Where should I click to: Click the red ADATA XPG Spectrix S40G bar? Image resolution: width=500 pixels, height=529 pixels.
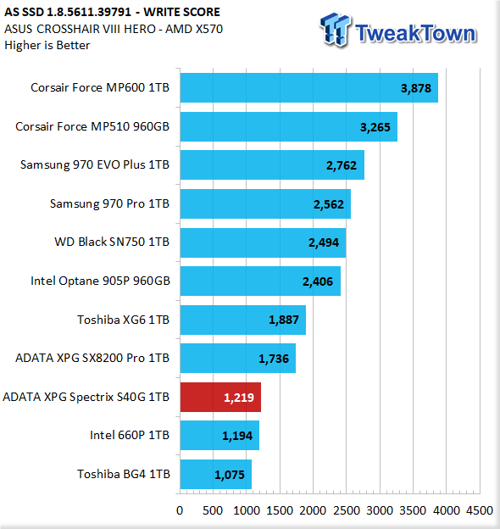(220, 397)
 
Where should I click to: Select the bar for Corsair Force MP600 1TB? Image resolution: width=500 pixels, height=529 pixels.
(309, 87)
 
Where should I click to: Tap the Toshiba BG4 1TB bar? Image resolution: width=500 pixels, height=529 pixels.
(216, 474)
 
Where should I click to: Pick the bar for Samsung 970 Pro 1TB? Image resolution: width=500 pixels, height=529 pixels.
(265, 203)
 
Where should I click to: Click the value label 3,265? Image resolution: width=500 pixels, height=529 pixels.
(375, 127)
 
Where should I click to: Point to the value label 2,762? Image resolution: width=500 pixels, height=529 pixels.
(342, 165)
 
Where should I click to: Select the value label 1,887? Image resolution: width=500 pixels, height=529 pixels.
(284, 320)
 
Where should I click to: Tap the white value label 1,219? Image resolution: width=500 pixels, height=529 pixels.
(239, 398)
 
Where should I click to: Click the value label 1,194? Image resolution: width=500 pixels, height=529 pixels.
(237, 436)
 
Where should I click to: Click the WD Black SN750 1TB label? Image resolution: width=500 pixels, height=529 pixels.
(112, 242)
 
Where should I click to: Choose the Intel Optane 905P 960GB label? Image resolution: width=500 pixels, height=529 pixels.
(100, 281)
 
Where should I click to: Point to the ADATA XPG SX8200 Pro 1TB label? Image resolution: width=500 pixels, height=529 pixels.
(92, 358)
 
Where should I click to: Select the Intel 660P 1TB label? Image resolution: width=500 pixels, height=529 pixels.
(130, 435)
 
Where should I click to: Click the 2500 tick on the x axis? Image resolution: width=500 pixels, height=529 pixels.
(347, 510)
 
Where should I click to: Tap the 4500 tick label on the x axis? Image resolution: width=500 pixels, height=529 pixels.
(480, 510)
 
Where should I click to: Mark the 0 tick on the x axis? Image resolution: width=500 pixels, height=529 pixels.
(180, 510)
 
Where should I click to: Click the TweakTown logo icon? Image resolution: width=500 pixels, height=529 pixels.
(336, 30)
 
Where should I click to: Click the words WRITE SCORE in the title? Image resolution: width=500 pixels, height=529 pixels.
(181, 12)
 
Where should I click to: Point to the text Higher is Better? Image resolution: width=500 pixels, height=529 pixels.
(47, 45)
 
